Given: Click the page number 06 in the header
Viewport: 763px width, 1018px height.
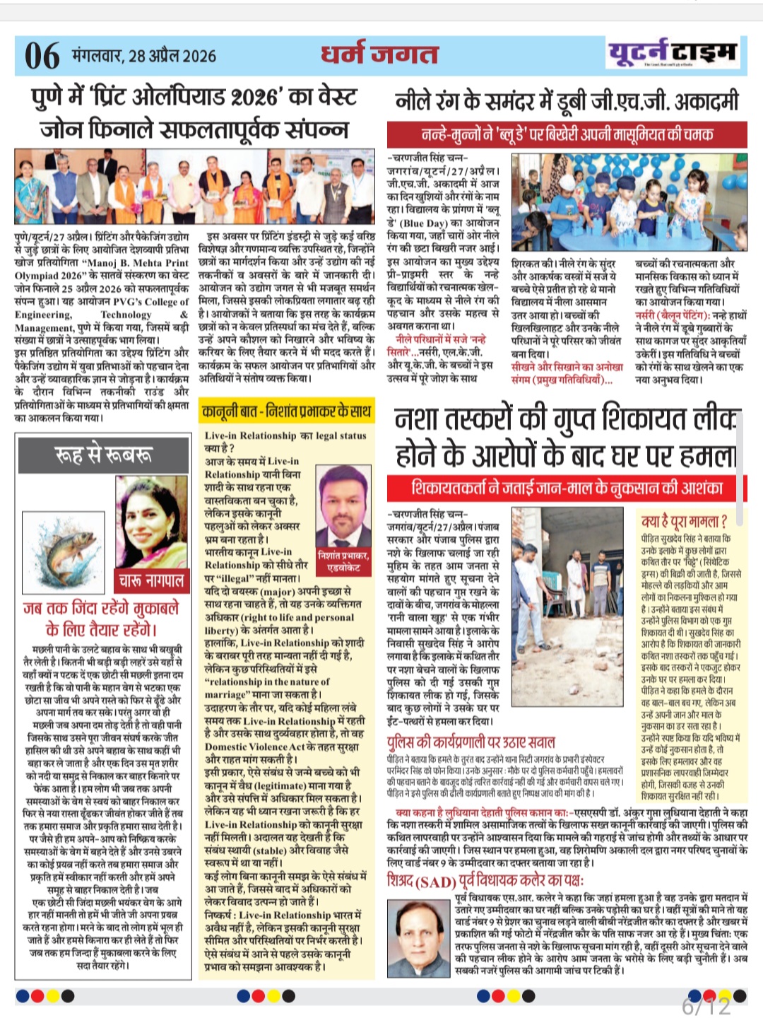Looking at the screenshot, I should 42,56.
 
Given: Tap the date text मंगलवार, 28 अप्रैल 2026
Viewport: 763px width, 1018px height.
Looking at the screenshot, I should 144,56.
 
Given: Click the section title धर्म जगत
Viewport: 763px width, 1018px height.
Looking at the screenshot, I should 379,54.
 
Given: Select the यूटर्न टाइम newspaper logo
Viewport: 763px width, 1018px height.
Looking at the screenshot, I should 672,53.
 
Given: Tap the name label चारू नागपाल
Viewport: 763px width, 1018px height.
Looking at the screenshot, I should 151,580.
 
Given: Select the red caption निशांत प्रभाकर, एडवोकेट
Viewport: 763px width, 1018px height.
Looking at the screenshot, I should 343,561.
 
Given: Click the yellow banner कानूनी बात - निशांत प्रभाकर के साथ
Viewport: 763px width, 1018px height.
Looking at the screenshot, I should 286,411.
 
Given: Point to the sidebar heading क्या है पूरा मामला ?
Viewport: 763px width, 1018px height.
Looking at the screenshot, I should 683,522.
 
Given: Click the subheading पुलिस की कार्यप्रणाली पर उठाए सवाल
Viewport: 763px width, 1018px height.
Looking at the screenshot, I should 471,742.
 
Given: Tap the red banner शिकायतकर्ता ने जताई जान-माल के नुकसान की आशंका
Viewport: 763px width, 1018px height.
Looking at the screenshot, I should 567,488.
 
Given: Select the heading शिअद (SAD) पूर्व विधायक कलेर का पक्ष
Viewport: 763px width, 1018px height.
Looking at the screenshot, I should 485,881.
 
